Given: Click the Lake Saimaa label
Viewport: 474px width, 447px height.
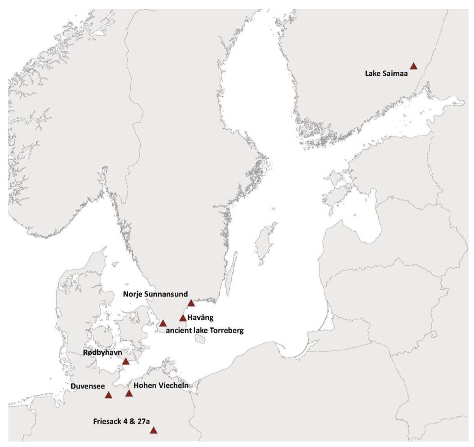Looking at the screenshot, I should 386,73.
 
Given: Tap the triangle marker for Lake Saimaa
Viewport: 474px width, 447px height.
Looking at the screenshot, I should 413,66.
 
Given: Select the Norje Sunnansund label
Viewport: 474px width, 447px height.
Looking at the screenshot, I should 155,294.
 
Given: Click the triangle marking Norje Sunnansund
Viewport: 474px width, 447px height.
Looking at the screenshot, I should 191,303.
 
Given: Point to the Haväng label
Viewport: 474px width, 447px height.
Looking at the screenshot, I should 200,317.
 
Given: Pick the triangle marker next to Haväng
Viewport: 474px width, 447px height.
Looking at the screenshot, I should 183,318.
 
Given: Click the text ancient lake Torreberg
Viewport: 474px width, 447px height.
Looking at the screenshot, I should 205,331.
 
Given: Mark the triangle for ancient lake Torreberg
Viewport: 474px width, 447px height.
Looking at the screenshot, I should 163,323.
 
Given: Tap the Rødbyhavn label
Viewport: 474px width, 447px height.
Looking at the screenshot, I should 102,353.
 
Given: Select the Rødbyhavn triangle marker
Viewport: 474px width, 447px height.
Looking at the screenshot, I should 126,361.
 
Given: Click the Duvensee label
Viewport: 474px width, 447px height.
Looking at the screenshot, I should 87,386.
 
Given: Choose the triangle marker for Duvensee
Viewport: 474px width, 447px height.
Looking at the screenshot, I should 108,395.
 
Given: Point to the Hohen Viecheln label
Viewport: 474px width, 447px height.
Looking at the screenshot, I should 161,385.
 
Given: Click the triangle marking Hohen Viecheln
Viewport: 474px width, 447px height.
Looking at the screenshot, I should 129,393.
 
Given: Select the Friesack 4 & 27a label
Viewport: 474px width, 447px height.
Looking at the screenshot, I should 121,421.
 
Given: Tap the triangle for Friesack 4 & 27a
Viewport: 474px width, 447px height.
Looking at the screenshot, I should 153,430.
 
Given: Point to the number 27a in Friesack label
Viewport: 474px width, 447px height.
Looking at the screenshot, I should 143,421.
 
